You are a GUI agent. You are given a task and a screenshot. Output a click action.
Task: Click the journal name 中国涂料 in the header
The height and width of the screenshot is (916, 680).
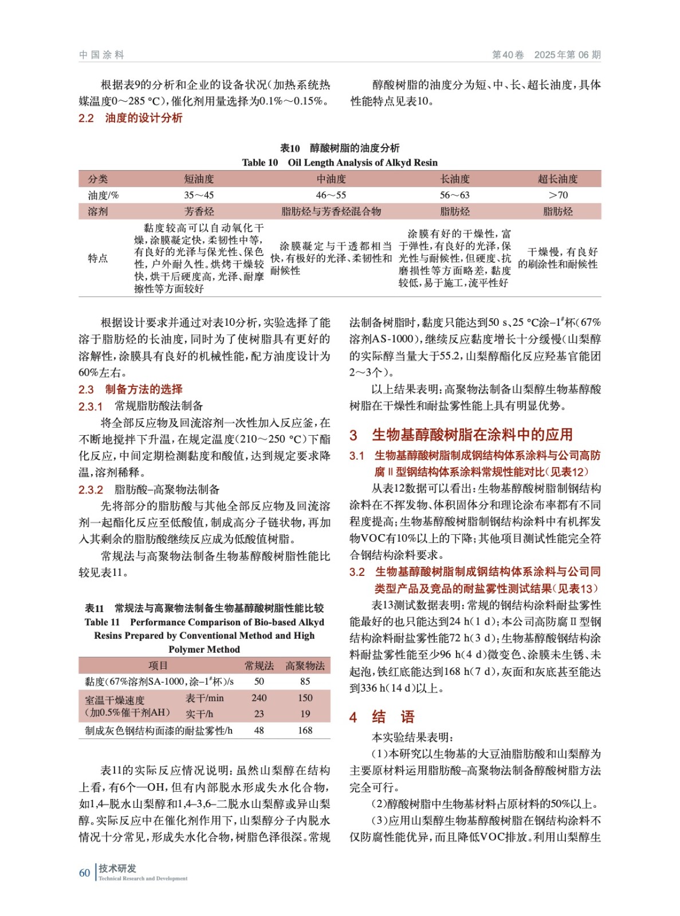[101, 55]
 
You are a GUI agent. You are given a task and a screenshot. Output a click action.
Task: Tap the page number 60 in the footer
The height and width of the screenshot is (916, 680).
[85, 872]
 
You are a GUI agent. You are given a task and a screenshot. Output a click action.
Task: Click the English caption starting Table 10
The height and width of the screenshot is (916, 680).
[339, 163]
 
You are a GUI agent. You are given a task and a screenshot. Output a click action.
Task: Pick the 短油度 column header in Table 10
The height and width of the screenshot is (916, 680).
[199, 179]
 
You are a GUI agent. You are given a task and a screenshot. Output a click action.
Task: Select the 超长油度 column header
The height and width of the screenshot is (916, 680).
[557, 179]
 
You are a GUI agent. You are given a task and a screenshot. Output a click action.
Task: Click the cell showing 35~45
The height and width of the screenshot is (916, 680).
[199, 195]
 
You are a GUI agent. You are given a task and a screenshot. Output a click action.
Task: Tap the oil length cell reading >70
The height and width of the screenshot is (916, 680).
[557, 195]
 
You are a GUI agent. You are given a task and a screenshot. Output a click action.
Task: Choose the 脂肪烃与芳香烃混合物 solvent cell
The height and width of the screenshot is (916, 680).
[331, 212]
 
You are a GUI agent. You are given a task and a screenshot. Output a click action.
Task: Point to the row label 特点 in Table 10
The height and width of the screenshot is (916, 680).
[98, 258]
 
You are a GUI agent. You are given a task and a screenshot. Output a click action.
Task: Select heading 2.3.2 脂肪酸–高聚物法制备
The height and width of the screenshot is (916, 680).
[149, 489]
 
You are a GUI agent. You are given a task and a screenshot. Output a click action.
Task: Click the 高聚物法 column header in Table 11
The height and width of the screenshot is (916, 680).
[305, 666]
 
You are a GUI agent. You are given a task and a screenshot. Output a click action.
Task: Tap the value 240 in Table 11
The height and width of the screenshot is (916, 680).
[259, 698]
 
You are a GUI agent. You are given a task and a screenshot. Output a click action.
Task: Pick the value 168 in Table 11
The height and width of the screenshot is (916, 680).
[305, 731]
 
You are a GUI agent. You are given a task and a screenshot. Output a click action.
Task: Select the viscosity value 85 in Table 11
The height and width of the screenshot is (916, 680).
[305, 682]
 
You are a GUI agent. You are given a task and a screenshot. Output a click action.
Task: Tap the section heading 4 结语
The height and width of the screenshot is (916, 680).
[382, 717]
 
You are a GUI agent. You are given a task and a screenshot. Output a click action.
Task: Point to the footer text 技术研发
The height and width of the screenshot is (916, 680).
[117, 868]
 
